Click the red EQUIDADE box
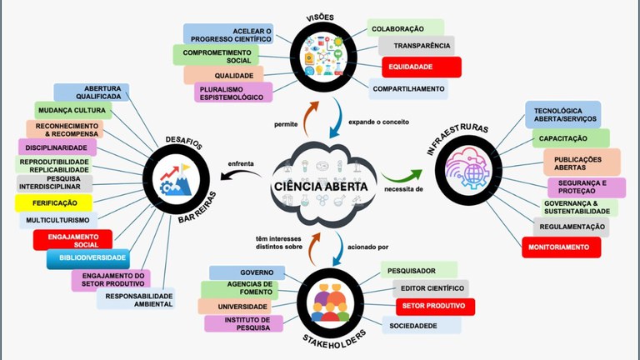click(x=421, y=67)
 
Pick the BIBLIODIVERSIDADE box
click(x=87, y=259)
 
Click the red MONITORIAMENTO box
click(x=563, y=247)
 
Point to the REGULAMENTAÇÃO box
click(x=571, y=227)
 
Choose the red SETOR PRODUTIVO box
click(x=435, y=307)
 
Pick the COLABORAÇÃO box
click(x=406, y=27)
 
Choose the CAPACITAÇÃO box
click(x=571, y=137)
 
